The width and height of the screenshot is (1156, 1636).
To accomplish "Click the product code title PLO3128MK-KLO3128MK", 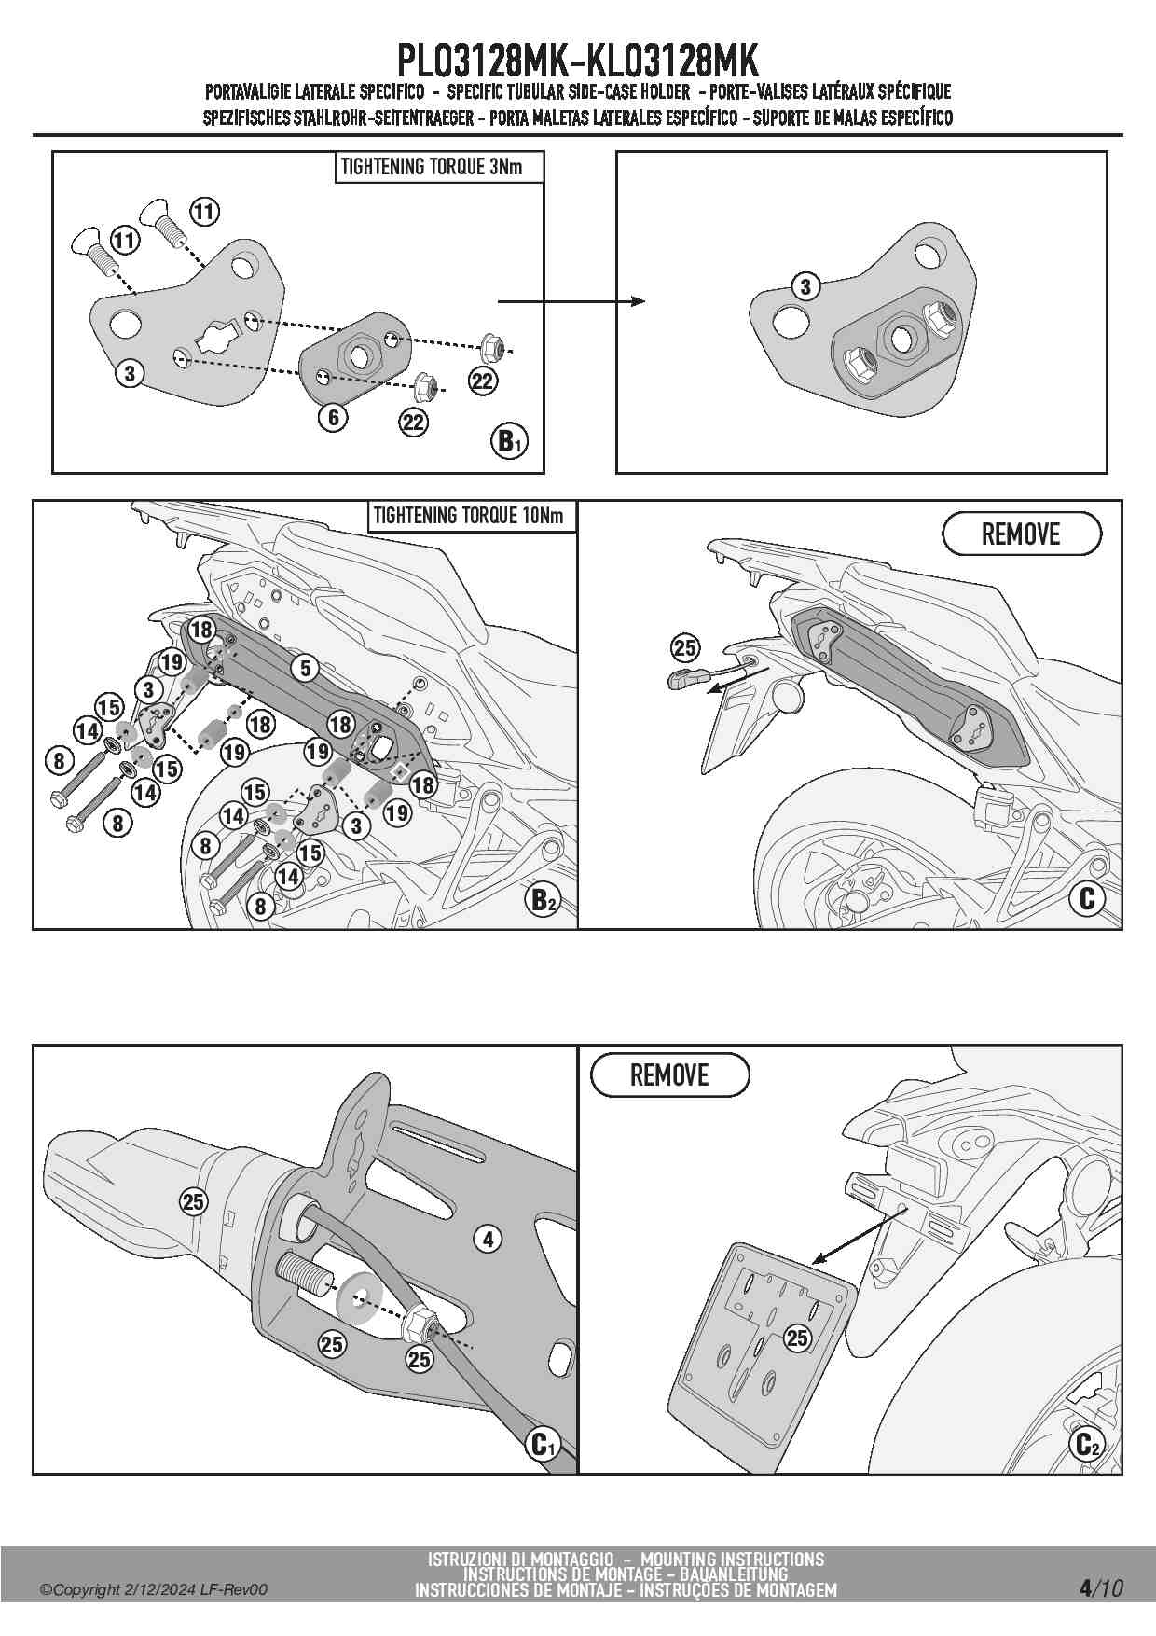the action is (x=577, y=61).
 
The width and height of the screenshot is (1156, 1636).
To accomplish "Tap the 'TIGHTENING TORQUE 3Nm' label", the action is (x=432, y=167).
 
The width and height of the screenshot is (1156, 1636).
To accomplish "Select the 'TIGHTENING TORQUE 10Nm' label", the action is (x=468, y=516).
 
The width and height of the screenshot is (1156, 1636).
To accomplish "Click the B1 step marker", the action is (x=509, y=440).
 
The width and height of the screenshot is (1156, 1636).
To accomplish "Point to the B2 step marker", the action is (x=543, y=900).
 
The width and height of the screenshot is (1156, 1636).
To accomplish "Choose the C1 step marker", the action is (x=542, y=1445).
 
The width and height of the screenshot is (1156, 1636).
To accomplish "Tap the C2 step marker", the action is (x=1087, y=1444).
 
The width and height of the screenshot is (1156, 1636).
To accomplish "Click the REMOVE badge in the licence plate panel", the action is (x=669, y=1075).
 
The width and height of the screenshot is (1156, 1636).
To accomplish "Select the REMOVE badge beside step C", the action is (x=1022, y=534).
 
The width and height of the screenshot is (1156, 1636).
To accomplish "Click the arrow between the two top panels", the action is (x=571, y=301).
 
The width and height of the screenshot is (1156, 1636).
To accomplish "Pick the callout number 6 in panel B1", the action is (x=334, y=417).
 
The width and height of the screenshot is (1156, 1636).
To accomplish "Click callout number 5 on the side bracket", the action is (x=305, y=668).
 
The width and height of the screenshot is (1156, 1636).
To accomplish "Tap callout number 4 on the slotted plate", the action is (x=488, y=1239).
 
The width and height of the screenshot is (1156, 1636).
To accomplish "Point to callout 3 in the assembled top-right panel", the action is (x=805, y=286).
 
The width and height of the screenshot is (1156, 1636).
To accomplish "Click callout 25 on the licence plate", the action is (x=797, y=1338).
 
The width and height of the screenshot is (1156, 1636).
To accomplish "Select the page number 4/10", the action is (x=1100, y=1587).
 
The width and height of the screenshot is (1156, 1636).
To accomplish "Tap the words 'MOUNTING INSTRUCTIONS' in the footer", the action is (x=733, y=1559).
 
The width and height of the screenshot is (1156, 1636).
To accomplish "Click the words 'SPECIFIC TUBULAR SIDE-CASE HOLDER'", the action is (x=569, y=91).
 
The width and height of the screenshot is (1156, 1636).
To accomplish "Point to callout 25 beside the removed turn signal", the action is (x=685, y=647).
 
